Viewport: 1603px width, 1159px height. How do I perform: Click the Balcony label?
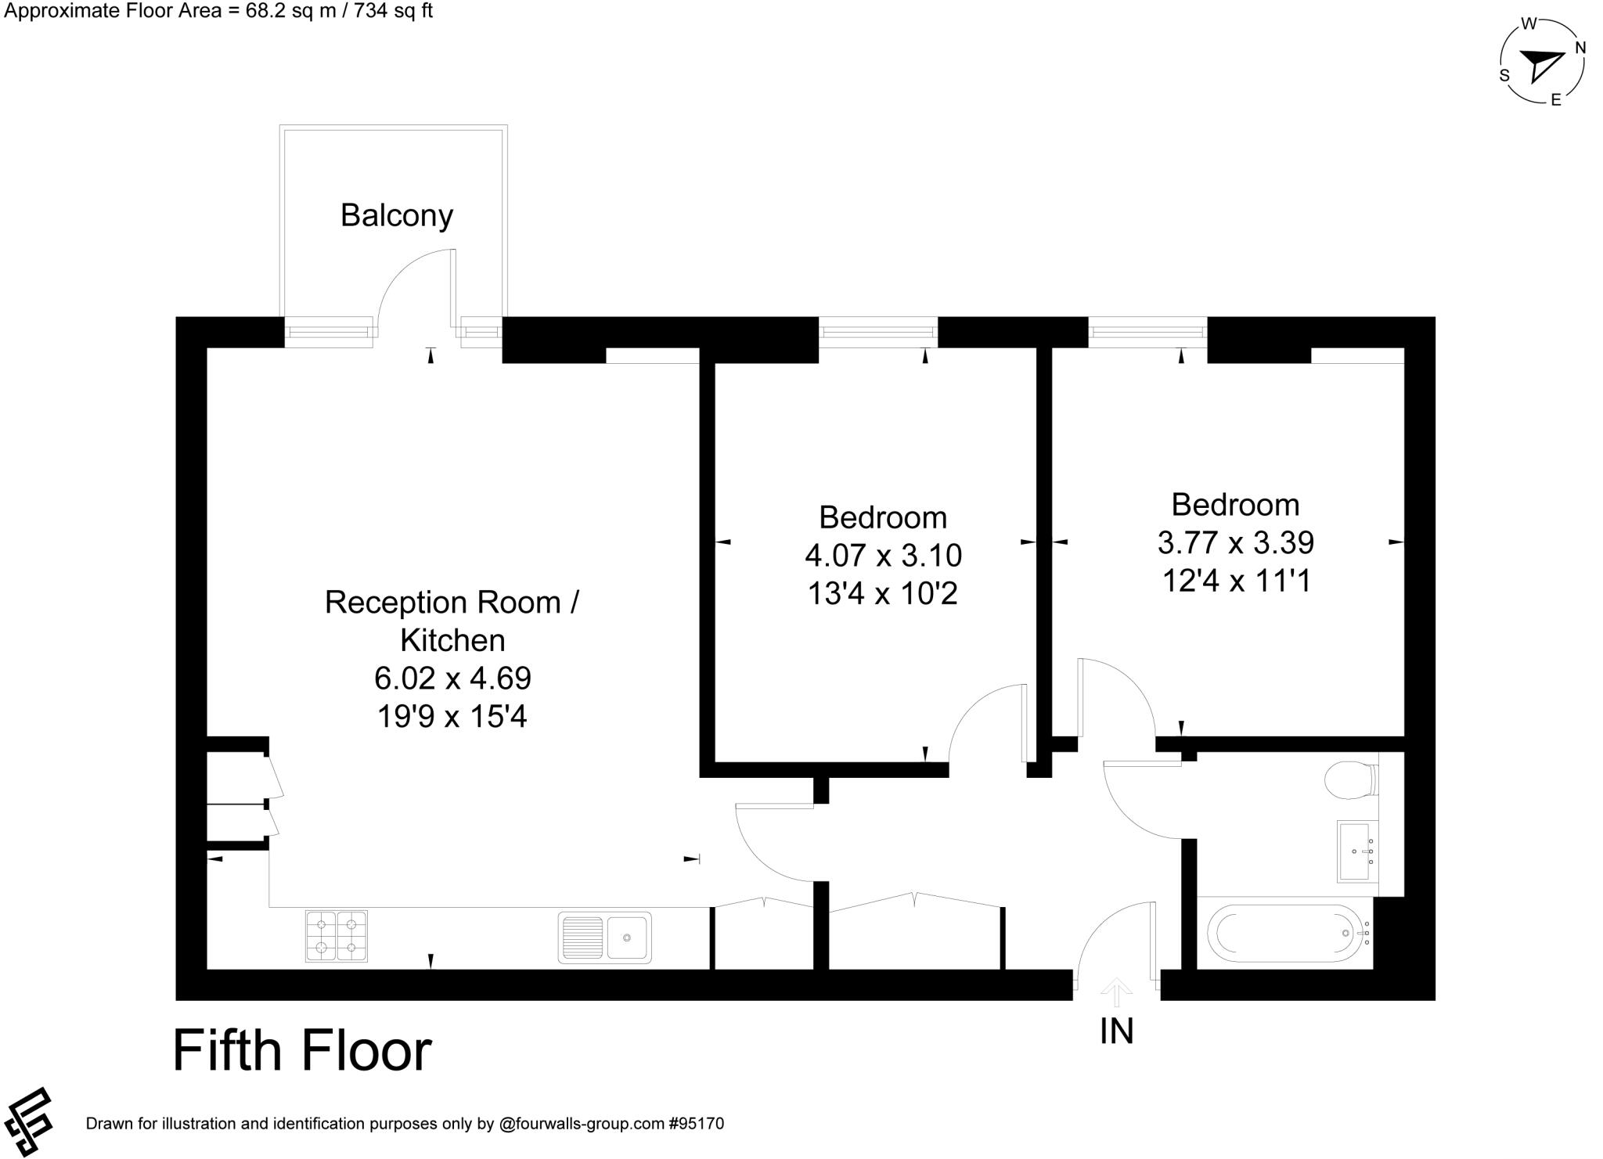(x=397, y=215)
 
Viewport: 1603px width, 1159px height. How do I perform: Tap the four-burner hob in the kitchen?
(x=336, y=936)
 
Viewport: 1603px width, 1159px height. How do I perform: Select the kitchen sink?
(x=604, y=937)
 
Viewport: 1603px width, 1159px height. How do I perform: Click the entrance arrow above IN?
(x=1116, y=993)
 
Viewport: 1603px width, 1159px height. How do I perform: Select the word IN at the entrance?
(x=1116, y=1031)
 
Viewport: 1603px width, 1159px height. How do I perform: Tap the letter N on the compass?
(x=1580, y=48)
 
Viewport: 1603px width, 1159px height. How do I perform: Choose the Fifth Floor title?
(x=302, y=1050)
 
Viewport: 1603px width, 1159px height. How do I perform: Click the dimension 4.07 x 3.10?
(x=883, y=556)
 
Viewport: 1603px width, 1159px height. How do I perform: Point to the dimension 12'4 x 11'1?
(x=1236, y=581)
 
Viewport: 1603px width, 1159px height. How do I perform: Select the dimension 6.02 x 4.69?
(x=452, y=678)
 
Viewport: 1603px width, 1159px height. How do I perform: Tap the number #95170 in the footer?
(x=696, y=1125)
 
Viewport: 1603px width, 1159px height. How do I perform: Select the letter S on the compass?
(x=1504, y=75)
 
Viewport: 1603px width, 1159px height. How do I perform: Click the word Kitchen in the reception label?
(x=452, y=640)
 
